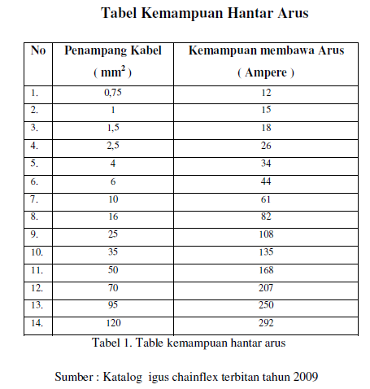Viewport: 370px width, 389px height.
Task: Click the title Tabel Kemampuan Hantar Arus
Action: (x=204, y=13)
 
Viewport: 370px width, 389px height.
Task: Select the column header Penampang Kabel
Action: (x=113, y=50)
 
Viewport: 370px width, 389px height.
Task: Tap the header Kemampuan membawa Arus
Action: (x=266, y=50)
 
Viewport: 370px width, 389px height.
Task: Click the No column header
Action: (x=37, y=50)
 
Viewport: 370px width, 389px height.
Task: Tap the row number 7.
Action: (x=34, y=199)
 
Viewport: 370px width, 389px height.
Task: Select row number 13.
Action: (x=36, y=304)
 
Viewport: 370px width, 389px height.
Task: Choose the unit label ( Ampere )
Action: (x=265, y=72)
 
